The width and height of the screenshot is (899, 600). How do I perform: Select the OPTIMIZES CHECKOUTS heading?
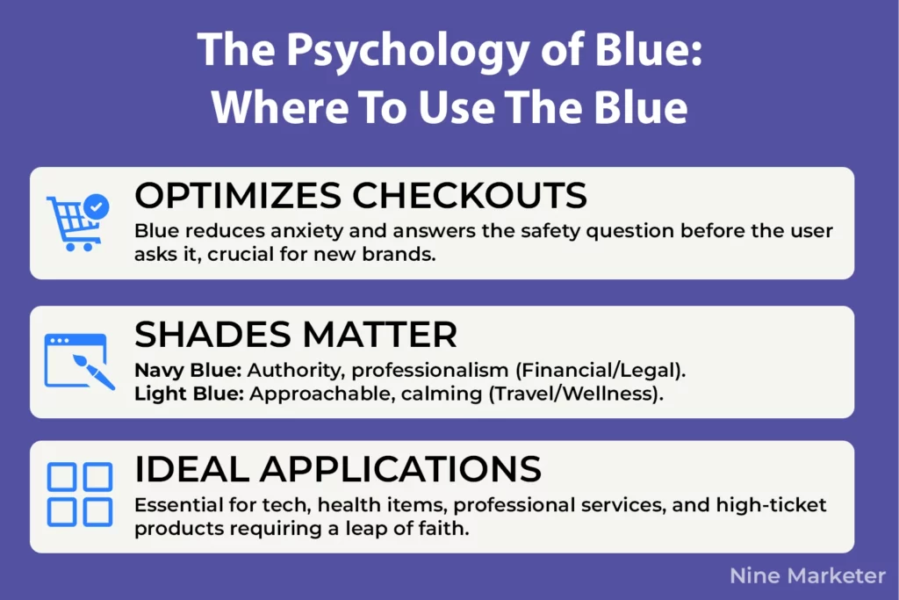tap(360, 197)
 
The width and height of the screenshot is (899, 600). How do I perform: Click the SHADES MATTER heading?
tap(295, 335)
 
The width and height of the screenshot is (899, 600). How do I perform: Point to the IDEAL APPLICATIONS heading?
tap(338, 470)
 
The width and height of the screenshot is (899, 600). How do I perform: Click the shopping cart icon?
tap(73, 223)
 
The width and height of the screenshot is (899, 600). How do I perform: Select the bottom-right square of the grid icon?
tap(96, 510)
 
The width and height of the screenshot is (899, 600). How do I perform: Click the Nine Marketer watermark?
tap(808, 576)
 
